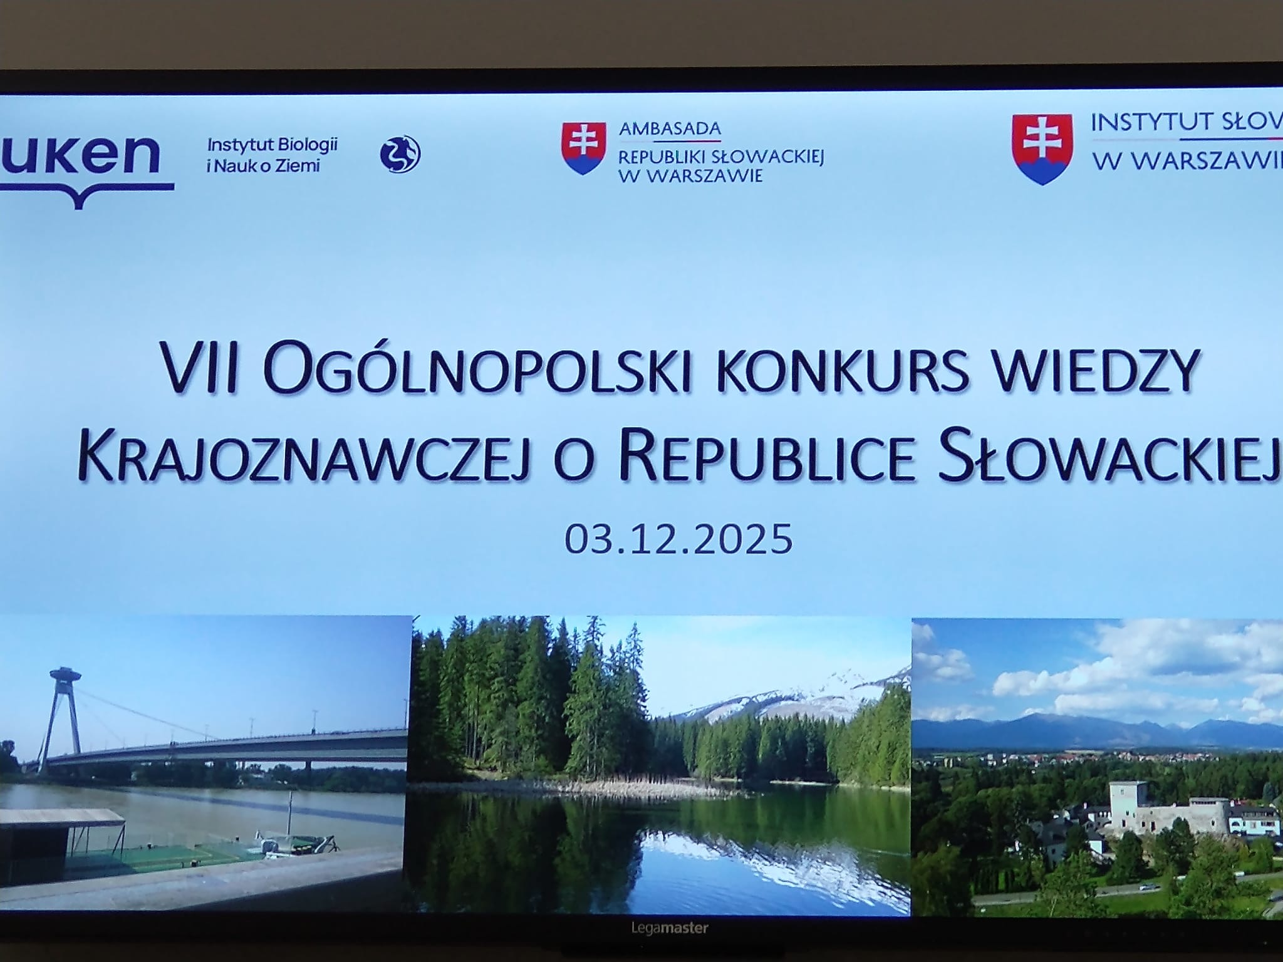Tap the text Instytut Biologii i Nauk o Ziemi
click(x=273, y=155)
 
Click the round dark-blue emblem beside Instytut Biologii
click(x=400, y=154)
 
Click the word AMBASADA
click(x=670, y=129)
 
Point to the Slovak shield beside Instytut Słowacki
click(x=1042, y=150)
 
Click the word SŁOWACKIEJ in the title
click(x=1109, y=456)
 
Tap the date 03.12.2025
click(x=678, y=539)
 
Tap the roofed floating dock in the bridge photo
click(x=63, y=833)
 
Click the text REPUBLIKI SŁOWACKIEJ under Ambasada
click(x=720, y=157)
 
